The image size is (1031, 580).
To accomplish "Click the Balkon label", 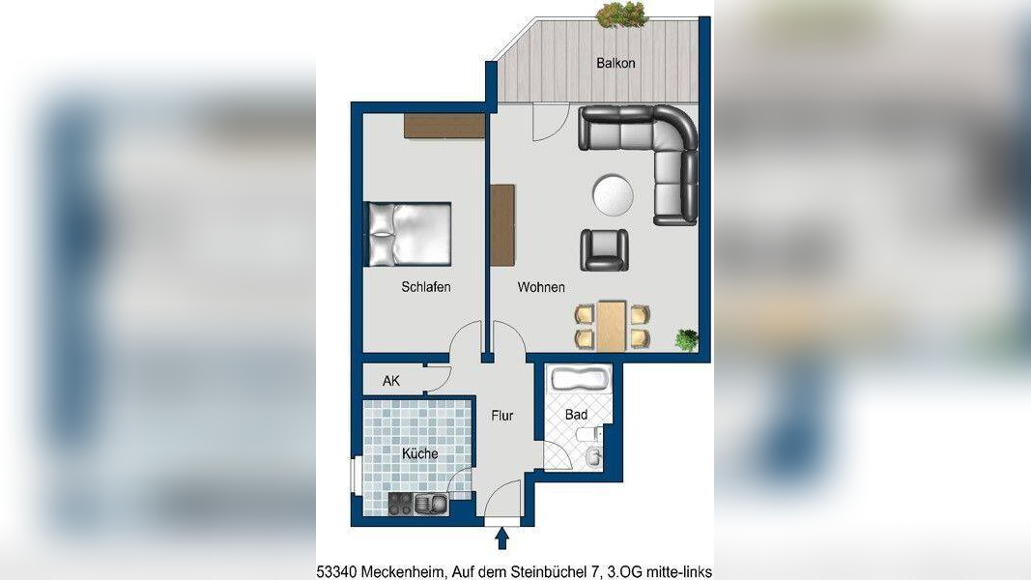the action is tap(616, 63).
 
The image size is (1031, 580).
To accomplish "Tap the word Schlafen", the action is tap(426, 287).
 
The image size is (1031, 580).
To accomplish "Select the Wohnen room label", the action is tap(541, 287).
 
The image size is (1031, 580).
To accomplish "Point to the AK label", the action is tap(391, 381).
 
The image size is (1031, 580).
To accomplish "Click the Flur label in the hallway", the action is tap(502, 416).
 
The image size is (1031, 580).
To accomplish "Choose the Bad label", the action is tap(577, 415).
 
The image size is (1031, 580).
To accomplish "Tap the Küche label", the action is tap(420, 453).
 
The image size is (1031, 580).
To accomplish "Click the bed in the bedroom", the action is tap(409, 234).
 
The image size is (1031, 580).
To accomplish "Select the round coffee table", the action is tap(613, 194).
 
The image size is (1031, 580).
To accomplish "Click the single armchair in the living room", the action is tap(604, 250).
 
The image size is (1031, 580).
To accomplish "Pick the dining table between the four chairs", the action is tap(612, 326).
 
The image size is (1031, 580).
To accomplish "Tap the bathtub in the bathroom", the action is tap(581, 380).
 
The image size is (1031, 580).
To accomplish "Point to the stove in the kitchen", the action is tap(400, 505).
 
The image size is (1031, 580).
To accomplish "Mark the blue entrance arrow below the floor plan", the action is tap(501, 537).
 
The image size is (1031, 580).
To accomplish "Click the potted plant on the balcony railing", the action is tap(621, 14).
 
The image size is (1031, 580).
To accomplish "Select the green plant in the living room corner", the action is tap(686, 340).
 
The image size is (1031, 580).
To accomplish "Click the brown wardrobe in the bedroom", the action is tap(444, 126).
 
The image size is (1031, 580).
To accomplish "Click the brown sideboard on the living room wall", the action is tap(502, 225).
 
